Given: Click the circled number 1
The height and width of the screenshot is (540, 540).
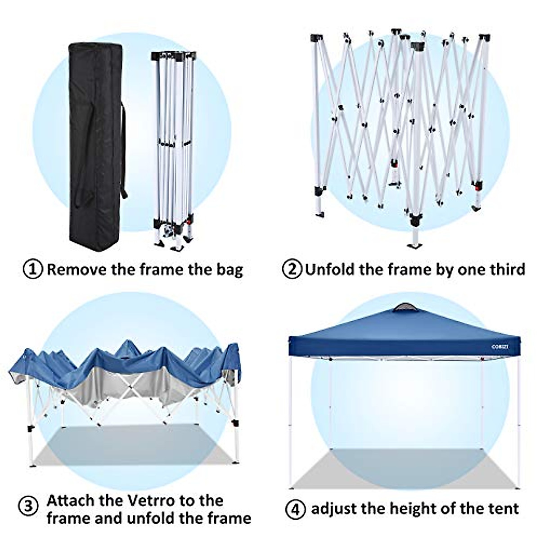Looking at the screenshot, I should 33,270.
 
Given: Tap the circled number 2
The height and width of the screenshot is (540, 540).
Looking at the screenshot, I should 292,270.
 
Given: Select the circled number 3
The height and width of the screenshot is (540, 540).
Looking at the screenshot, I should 28,507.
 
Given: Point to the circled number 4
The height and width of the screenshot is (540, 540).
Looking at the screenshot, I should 295,509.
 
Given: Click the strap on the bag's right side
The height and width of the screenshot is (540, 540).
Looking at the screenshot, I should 123,153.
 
